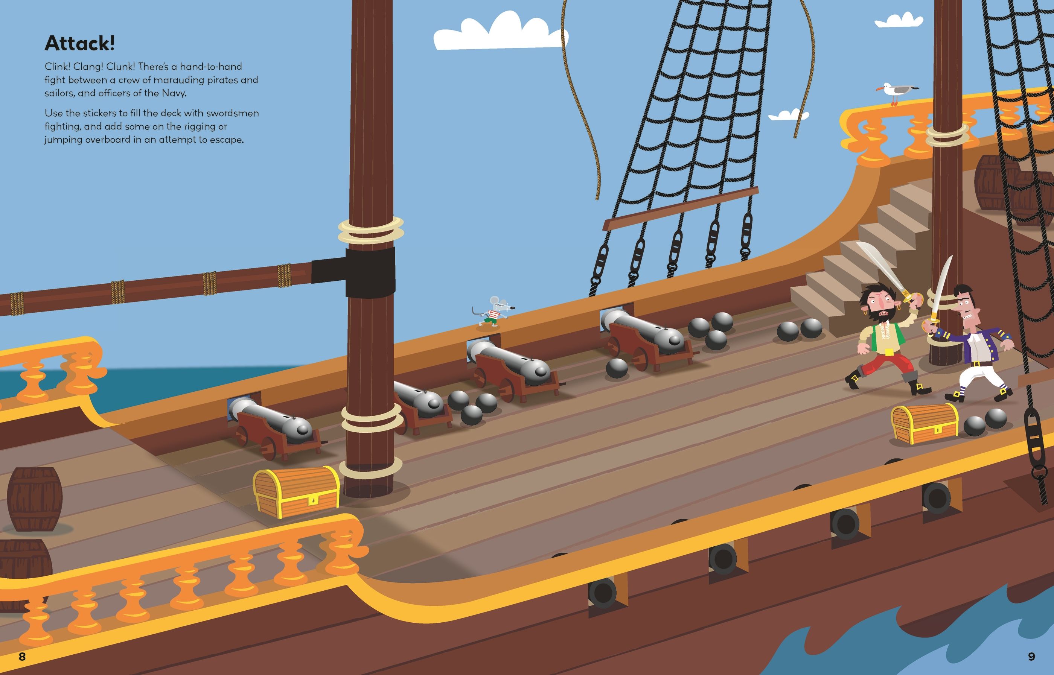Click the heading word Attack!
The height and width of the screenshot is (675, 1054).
click(x=79, y=43)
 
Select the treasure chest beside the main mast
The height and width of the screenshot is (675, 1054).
click(x=296, y=492)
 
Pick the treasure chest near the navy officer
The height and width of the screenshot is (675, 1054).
click(x=925, y=423)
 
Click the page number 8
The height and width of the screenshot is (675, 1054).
click(x=22, y=656)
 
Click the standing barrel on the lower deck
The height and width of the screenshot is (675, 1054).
click(x=35, y=499)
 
